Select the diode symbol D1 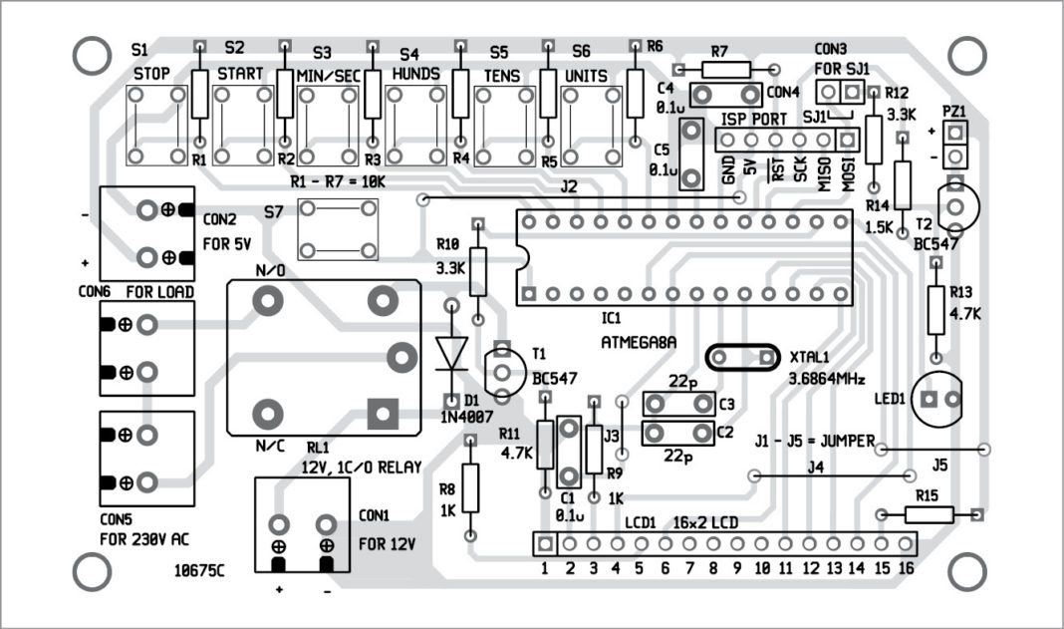coord(451,352)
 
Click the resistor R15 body coord(929,514)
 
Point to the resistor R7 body coord(729,69)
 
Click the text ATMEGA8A coord(639,341)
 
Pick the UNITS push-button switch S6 coord(596,125)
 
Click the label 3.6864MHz coord(827,380)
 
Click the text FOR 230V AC coord(144,540)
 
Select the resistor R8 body coord(471,486)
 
